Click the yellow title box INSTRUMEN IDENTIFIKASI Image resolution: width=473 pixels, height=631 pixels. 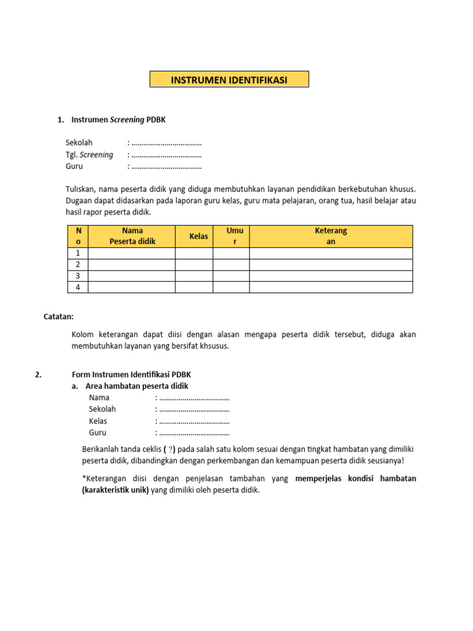pyautogui.click(x=229, y=79)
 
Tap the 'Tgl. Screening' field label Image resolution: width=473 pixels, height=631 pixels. pyautogui.click(x=89, y=155)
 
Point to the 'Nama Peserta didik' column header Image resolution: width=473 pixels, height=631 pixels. pyautogui.click(x=132, y=236)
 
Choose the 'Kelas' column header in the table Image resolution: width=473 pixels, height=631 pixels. pyautogui.click(x=198, y=236)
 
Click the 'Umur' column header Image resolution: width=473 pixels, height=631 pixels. pyautogui.click(x=235, y=236)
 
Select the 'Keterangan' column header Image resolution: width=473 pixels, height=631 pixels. pyautogui.click(x=331, y=236)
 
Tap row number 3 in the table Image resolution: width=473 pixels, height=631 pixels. pyautogui.click(x=78, y=275)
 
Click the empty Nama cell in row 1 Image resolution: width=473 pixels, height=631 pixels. pyautogui.click(x=132, y=253)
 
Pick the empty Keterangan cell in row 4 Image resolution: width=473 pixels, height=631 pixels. pyautogui.click(x=331, y=287)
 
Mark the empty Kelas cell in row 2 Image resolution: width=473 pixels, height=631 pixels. pyautogui.click(x=194, y=264)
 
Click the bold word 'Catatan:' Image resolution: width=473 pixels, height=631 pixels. pyautogui.click(x=59, y=317)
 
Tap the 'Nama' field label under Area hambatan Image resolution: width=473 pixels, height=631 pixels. pyautogui.click(x=99, y=397)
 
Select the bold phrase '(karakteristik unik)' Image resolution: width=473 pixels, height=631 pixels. pyautogui.click(x=116, y=491)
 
